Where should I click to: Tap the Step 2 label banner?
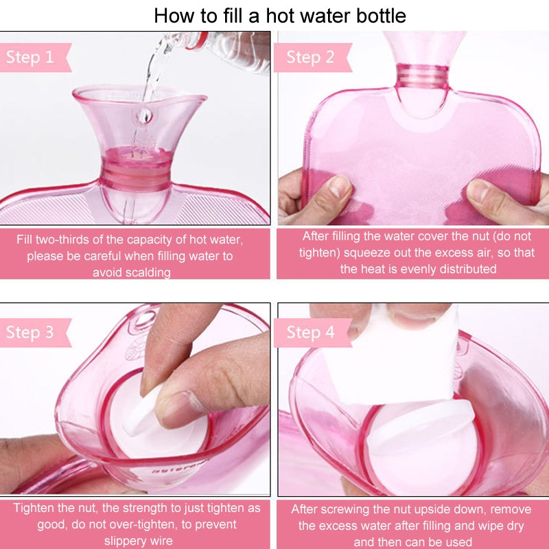click(x=310, y=58)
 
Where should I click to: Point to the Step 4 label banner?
click(x=310, y=333)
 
